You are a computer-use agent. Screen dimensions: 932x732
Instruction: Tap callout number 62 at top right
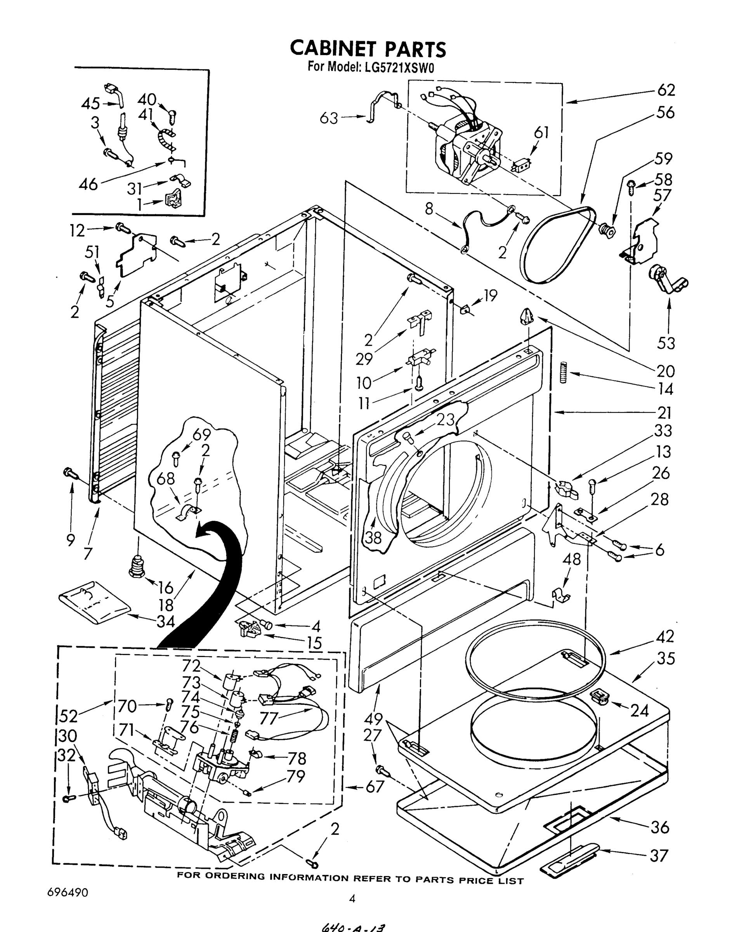(x=666, y=90)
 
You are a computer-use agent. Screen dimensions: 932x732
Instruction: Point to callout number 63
(x=329, y=118)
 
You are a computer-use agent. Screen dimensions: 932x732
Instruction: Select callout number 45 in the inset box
(x=90, y=104)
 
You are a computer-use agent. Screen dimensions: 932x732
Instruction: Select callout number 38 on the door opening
(x=373, y=537)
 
